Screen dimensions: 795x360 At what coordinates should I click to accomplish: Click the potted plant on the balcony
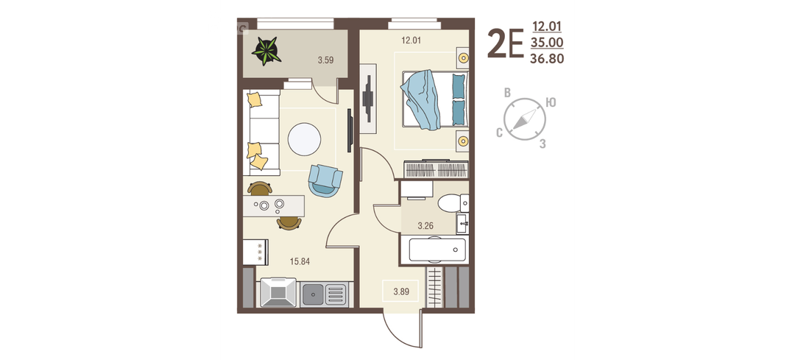266,51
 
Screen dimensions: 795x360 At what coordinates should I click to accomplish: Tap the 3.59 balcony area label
325,60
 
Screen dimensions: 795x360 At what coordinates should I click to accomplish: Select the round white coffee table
304,139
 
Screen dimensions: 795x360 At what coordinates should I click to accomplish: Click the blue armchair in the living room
325,180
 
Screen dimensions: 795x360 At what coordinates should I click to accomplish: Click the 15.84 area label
300,261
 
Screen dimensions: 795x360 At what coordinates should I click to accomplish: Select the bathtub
437,250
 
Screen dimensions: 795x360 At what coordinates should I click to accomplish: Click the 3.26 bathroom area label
426,226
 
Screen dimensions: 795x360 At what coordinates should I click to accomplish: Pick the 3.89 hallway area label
401,292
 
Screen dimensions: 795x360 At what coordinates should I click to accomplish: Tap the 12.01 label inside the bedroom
411,40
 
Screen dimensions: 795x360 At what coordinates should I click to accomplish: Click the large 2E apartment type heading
505,44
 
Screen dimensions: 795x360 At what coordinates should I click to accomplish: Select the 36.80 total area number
546,60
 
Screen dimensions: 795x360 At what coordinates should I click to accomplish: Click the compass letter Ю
551,102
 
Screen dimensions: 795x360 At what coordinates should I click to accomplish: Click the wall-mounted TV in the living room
350,130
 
